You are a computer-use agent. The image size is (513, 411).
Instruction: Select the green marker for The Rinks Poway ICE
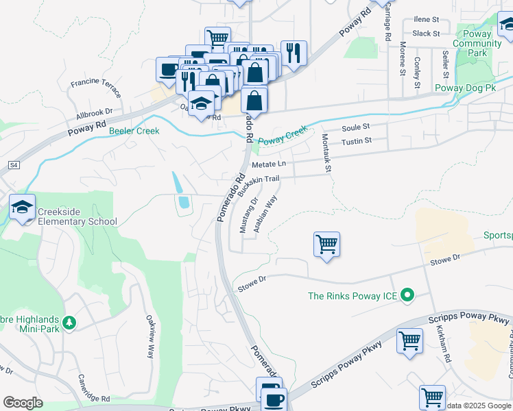[x=408, y=296]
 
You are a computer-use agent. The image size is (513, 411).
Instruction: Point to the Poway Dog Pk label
[x=465, y=88]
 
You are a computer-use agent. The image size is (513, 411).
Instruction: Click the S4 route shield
[x=13, y=165]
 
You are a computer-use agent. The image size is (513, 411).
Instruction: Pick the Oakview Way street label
[x=150, y=336]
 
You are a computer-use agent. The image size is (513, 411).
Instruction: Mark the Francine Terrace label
[x=95, y=87]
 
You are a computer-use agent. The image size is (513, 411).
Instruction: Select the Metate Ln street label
[x=269, y=164]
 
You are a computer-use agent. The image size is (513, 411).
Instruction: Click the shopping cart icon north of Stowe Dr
[x=327, y=244]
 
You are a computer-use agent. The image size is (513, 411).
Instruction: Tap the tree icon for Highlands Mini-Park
[x=69, y=322]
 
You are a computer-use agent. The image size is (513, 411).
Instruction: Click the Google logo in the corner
[x=22, y=403]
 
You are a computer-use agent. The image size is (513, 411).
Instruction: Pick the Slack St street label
[x=426, y=33]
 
